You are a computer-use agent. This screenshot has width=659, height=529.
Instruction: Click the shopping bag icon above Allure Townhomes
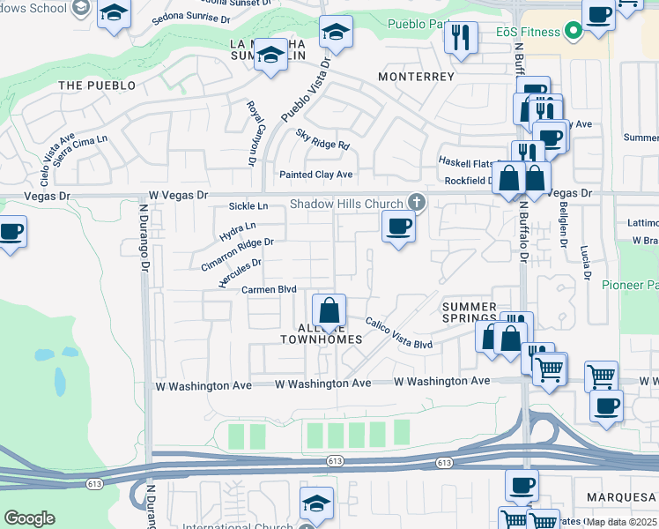[x=329, y=310]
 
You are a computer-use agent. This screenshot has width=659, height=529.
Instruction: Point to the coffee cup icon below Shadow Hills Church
[x=398, y=226]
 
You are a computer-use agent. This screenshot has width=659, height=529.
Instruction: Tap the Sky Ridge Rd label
[x=322, y=138]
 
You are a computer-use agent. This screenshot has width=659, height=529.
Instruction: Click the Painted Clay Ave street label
[x=315, y=175]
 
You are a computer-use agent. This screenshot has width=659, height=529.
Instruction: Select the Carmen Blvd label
[x=269, y=289]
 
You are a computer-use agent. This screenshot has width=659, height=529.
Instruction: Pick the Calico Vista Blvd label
[x=399, y=334]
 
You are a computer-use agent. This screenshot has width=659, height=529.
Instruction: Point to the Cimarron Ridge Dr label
[x=237, y=254]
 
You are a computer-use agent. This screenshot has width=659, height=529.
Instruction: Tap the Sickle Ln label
[x=248, y=205]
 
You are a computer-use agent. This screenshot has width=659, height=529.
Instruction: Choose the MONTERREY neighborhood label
[x=416, y=77]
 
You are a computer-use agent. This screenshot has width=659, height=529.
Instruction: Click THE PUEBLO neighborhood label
[x=97, y=86]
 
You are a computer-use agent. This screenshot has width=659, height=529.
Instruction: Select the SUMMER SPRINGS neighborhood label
[x=470, y=312]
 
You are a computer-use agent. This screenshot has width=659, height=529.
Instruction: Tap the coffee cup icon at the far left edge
[x=11, y=232]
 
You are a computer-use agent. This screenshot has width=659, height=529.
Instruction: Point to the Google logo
[x=29, y=518]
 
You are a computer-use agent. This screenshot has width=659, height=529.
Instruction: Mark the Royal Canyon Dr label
[x=251, y=134]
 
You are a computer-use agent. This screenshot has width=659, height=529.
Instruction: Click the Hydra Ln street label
[x=232, y=232]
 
